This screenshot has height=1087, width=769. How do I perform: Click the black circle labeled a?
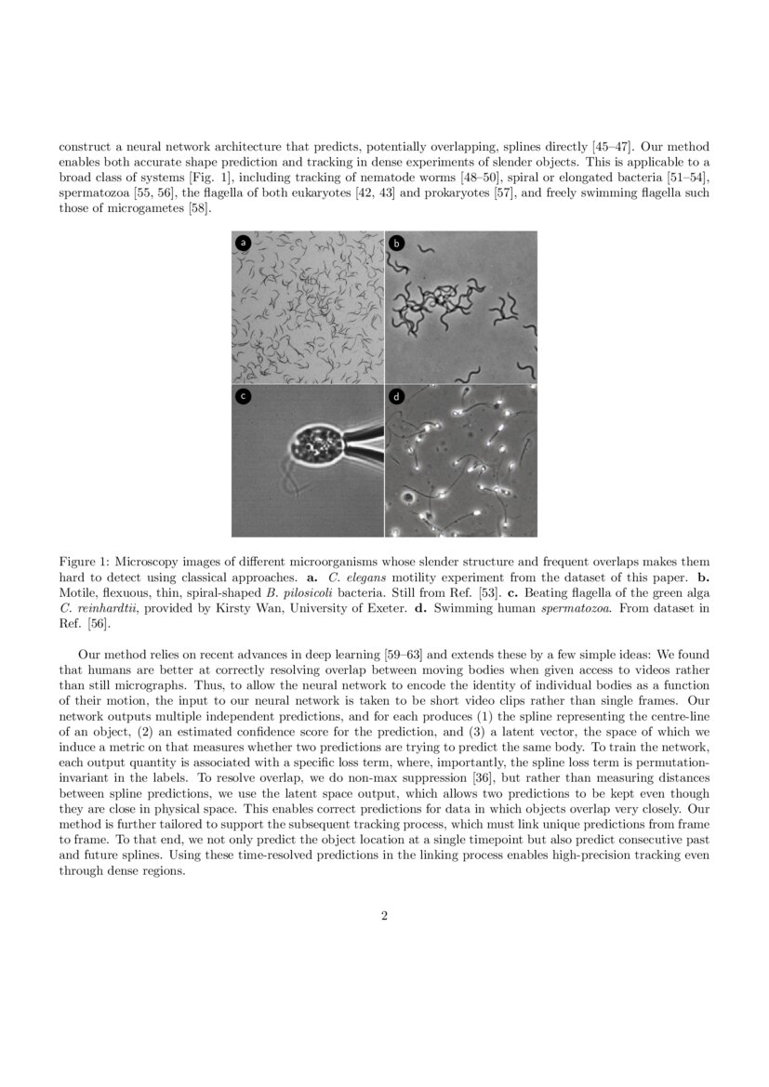pos(244,243)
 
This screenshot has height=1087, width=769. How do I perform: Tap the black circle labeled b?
pos(396,243)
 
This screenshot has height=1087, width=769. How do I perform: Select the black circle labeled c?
pos(244,396)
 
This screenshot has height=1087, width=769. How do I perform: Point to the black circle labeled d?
pos(396,396)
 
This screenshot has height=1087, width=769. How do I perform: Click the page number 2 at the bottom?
pos(384,916)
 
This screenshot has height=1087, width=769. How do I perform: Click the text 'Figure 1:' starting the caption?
pos(84,563)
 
